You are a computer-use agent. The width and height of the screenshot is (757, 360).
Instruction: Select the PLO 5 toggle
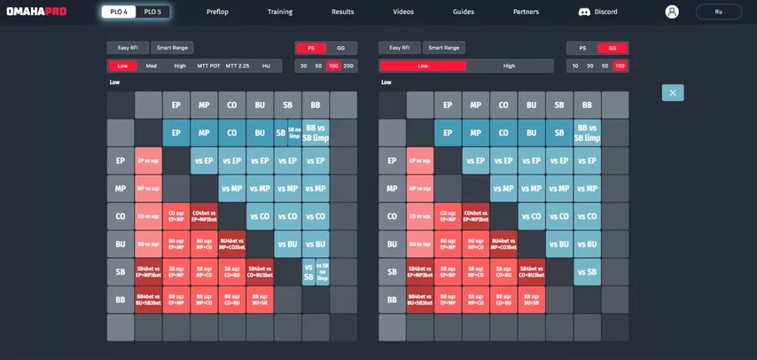[x=152, y=12]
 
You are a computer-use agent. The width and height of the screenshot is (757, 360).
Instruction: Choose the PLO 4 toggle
[x=119, y=12]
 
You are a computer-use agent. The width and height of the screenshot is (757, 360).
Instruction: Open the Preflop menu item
[x=217, y=12]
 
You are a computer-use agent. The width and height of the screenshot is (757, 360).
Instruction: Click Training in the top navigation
[x=280, y=12]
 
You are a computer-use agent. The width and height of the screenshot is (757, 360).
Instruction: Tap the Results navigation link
[x=343, y=12]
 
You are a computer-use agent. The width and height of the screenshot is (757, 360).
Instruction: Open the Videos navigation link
[x=402, y=12]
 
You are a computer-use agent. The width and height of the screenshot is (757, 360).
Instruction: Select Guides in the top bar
[x=463, y=12]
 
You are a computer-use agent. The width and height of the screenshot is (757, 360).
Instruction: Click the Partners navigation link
[x=526, y=12]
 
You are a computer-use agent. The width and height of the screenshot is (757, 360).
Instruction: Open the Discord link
[x=598, y=12]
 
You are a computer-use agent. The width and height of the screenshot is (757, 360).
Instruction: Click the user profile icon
[x=672, y=12]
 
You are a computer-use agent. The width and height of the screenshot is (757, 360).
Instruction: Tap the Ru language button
[x=718, y=12]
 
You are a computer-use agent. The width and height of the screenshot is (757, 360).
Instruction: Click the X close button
[x=673, y=92]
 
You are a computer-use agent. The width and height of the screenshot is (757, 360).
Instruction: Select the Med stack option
[x=152, y=66]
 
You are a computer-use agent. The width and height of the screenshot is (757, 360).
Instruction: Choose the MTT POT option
[x=208, y=66]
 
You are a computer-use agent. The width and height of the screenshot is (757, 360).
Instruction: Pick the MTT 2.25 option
[x=238, y=66]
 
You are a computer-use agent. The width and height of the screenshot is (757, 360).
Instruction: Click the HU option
[x=266, y=66]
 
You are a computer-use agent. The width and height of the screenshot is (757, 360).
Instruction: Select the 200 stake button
[x=348, y=66]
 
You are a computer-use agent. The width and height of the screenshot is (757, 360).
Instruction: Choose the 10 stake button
[x=575, y=66]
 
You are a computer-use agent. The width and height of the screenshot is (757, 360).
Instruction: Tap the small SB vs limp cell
[x=294, y=132]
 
